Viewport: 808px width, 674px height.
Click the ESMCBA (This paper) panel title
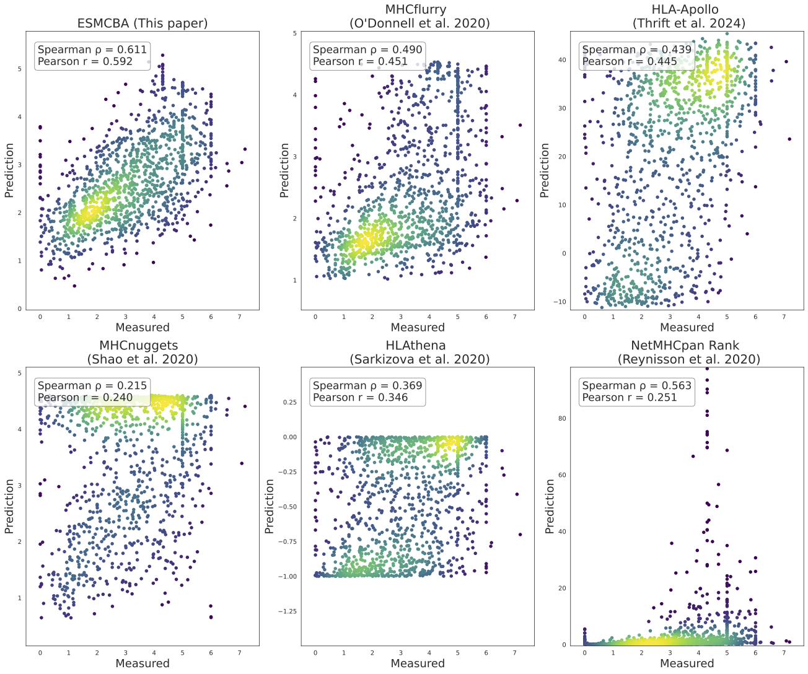point(143,24)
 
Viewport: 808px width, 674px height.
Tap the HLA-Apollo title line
point(685,10)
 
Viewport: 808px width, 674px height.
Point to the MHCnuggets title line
point(139,346)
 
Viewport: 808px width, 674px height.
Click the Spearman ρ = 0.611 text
point(92,50)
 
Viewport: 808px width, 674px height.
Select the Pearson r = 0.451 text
point(360,61)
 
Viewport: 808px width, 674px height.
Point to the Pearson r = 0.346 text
point(360,397)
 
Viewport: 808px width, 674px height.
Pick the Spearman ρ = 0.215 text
point(92,385)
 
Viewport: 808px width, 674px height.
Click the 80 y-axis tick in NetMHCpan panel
point(561,419)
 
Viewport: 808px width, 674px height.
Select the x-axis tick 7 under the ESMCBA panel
point(239,317)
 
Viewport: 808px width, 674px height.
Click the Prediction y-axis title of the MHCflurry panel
point(284,170)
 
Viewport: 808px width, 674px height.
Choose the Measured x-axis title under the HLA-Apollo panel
point(687,327)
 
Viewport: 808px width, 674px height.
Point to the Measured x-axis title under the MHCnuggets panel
point(143,663)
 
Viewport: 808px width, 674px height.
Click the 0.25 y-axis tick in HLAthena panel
point(289,403)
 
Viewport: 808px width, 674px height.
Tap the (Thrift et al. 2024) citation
point(688,24)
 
